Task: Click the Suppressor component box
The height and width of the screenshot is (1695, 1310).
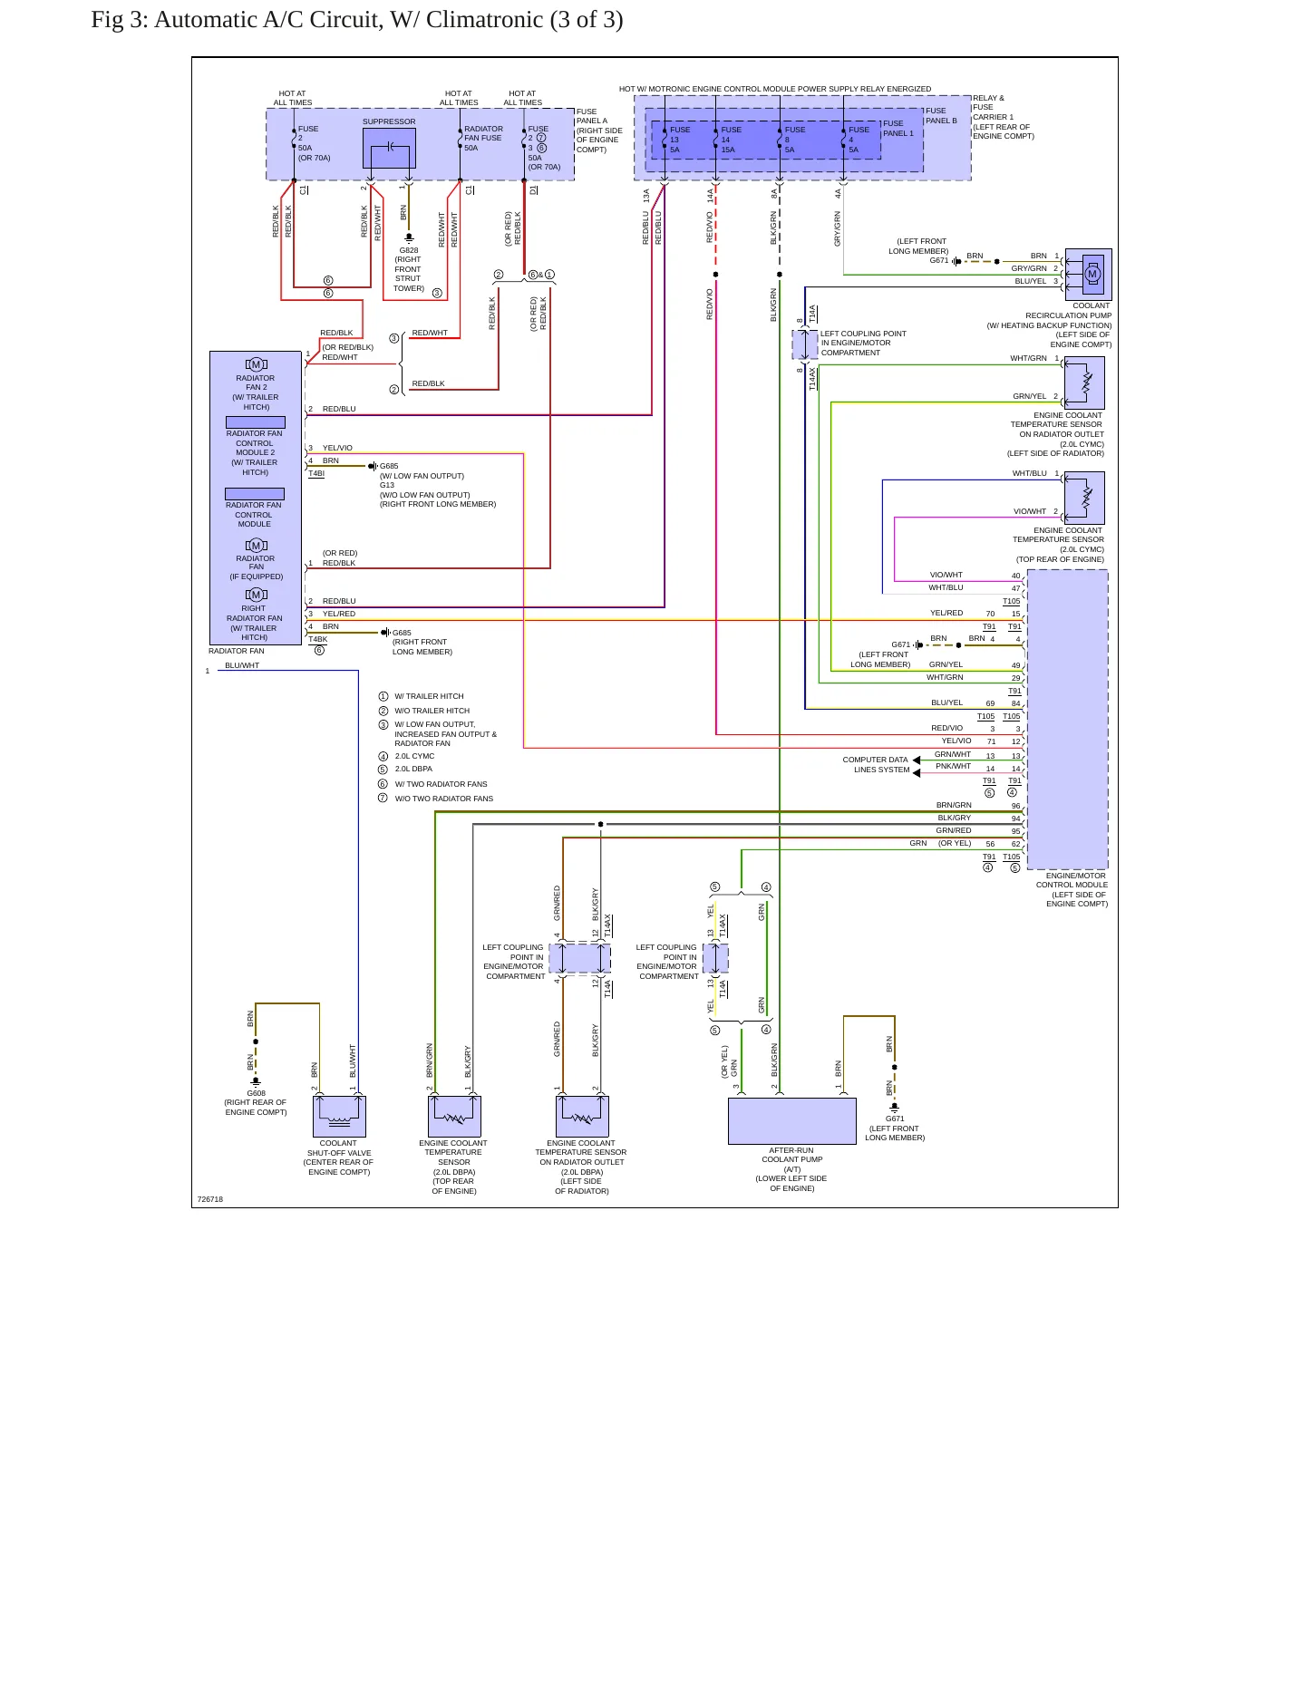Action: tap(389, 148)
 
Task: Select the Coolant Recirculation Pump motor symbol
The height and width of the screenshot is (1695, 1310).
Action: tap(1092, 274)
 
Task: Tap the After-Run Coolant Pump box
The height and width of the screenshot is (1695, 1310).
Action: tap(792, 1121)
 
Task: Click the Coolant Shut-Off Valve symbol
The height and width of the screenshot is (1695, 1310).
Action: tap(339, 1116)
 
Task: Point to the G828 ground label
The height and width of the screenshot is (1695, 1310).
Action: tap(409, 250)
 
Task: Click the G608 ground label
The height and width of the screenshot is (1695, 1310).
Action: tap(257, 1093)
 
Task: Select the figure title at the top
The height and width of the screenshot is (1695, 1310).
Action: tap(357, 20)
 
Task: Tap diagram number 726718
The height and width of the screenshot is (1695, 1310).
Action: tap(210, 1199)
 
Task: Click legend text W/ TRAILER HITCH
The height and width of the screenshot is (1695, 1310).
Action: tap(429, 696)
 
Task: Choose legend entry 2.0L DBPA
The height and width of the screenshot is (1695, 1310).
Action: tap(413, 769)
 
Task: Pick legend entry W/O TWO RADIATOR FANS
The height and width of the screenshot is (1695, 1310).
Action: tap(444, 799)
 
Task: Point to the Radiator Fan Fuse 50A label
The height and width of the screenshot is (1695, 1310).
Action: tap(483, 138)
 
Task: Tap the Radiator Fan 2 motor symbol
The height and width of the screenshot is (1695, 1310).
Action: tap(257, 364)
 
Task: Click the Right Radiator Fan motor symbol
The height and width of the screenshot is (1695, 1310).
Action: tap(257, 595)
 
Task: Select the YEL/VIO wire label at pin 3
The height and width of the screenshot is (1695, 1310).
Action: tap(337, 448)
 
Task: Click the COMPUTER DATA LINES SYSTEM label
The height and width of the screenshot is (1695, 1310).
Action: tap(876, 765)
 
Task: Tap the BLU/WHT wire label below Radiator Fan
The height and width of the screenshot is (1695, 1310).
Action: tap(242, 665)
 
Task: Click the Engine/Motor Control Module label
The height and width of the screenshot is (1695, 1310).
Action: tap(1076, 890)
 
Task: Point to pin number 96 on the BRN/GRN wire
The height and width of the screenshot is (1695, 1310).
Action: tap(1015, 806)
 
